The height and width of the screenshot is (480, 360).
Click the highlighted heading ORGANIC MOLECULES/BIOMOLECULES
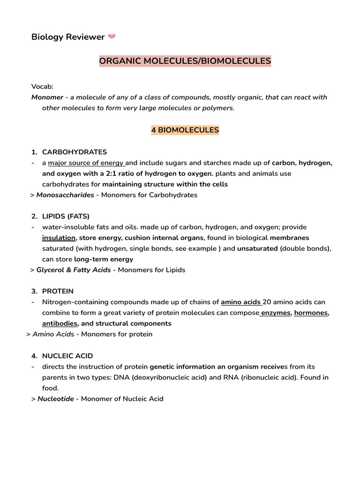pos(185,61)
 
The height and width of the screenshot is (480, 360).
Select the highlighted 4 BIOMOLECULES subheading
pos(185,130)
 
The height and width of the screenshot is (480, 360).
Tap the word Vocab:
pos(42,87)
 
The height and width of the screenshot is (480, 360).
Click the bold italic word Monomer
pos(47,97)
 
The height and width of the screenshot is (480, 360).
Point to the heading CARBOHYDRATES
pos(75,152)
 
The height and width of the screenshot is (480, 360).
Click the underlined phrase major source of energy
pos(86,163)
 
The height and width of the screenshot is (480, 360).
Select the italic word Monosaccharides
pos(65,195)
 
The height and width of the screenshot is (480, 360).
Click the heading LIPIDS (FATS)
pos(66,216)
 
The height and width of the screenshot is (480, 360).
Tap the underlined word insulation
pos(59,238)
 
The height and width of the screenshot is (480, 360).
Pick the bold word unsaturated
pos(257,248)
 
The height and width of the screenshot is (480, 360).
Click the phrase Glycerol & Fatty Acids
pos(74,270)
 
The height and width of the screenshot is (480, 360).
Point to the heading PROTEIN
pos(58,291)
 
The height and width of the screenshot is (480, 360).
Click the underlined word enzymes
pos(276,313)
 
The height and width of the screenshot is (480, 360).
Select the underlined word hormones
pos(311,313)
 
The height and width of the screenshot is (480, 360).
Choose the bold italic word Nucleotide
pos(56,399)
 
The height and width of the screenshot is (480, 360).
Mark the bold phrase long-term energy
pos(104,259)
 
